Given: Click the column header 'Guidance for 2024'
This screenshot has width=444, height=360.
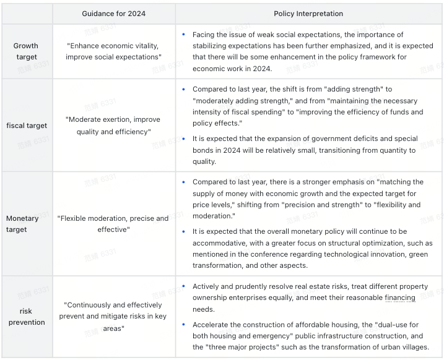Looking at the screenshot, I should pos(114,14).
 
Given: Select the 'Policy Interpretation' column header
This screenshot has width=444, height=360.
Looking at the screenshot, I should pos(308,14).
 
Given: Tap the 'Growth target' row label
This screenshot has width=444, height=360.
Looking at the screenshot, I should pos(26,51).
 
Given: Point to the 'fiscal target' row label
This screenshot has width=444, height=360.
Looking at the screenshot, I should pos(27,126).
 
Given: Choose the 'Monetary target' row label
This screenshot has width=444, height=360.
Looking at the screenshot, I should pos(22,223).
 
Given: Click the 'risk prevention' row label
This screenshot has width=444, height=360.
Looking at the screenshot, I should pos(27,316).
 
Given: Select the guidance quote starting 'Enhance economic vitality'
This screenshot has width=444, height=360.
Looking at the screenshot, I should pos(114,51).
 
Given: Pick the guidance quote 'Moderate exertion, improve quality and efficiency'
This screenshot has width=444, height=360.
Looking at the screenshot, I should pos(114,126).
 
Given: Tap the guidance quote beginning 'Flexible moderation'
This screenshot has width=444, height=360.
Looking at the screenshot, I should pos(114,223).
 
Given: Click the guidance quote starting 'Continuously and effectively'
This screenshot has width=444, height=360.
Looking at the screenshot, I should pos(114,316).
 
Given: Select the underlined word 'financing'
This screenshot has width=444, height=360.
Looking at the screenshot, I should pos(400,298).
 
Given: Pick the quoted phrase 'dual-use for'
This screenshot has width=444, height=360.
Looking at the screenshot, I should pos(388,324).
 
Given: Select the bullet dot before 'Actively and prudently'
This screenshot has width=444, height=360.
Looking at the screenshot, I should pos(183,286).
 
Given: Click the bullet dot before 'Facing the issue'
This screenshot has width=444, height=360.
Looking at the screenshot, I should pos(183,35).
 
